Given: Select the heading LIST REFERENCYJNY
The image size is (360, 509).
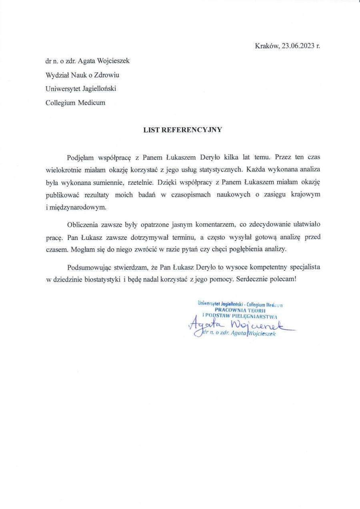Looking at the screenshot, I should [182, 130].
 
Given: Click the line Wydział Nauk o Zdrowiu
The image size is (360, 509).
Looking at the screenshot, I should [82, 75].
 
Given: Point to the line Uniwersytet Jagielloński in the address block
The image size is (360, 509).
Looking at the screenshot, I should [81, 88].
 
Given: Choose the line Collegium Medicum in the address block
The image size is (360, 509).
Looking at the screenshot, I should [76, 102].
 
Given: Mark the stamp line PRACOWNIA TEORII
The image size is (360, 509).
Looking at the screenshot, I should [240, 310].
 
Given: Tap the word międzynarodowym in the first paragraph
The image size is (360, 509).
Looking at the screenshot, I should [78, 208].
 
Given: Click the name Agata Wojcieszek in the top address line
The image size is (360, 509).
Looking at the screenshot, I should [106, 61].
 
